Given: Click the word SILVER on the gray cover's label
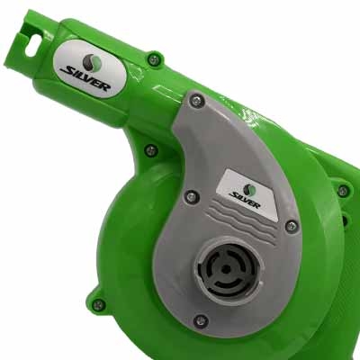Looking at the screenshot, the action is (245, 200).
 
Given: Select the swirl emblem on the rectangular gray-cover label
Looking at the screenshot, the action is (249, 190).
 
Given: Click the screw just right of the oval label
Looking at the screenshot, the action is (154, 60).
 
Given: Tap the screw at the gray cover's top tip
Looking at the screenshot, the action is (197, 101).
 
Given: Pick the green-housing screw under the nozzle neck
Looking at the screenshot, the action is (151, 150).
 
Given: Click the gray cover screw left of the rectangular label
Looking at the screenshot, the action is (191, 196).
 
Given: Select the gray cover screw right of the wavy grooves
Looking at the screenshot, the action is (291, 226).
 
